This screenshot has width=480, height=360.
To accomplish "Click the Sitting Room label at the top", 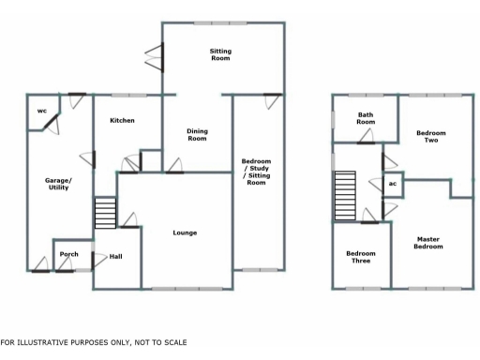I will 219,54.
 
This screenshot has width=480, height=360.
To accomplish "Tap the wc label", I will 41,112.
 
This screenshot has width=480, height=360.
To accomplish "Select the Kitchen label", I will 122,120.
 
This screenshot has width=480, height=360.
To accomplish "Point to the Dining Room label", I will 196,135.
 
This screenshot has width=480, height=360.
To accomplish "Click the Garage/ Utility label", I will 58,184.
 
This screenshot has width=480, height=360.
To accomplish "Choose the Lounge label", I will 185,232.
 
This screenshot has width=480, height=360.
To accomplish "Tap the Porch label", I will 68,254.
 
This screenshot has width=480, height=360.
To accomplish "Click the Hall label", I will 116,257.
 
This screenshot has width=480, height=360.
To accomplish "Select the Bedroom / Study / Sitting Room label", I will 255,172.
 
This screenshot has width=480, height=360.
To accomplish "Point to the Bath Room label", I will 366,119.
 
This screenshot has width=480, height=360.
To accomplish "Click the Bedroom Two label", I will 431,137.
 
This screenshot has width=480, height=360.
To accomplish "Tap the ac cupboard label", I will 393,183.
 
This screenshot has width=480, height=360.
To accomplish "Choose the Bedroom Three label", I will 360,257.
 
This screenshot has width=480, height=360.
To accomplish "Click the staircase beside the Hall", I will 104,213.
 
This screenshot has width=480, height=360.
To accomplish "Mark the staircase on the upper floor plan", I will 347,194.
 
